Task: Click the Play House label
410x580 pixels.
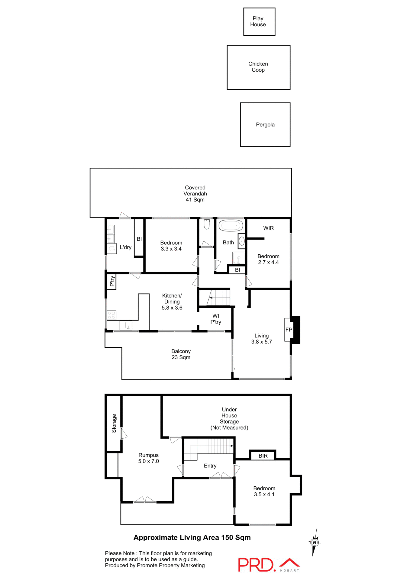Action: (x=258, y=21)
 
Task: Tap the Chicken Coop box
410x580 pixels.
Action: (x=258, y=67)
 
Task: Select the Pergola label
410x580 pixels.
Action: (x=265, y=125)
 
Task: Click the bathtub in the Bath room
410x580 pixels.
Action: (x=231, y=226)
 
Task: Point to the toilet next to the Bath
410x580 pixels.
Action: (x=207, y=224)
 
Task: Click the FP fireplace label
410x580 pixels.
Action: (x=289, y=330)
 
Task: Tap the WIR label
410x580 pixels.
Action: (x=268, y=228)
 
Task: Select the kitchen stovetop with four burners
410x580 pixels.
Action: (x=111, y=315)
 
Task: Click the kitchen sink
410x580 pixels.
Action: (x=128, y=325)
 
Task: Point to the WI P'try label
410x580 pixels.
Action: (x=216, y=319)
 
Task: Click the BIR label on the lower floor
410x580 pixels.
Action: (x=263, y=456)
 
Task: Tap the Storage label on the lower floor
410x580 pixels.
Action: (x=114, y=423)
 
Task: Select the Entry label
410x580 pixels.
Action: (x=210, y=466)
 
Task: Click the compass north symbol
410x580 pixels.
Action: (x=315, y=543)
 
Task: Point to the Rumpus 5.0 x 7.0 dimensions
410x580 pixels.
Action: (x=148, y=461)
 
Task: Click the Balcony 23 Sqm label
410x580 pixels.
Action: (x=181, y=354)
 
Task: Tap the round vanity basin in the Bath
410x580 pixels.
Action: (x=242, y=241)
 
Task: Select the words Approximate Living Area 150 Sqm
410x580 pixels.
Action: (x=192, y=538)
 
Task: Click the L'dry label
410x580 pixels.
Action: (x=125, y=247)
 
